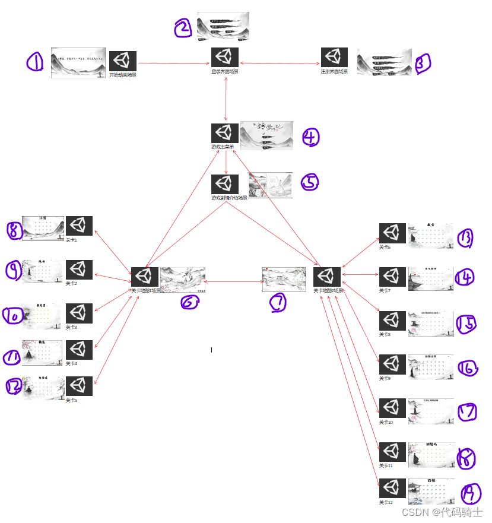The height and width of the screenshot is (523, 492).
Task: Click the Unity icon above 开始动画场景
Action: pyautogui.click(x=123, y=61)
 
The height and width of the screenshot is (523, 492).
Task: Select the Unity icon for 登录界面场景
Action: pyautogui.click(x=225, y=57)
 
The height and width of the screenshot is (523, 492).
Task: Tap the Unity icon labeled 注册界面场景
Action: pyautogui.click(x=334, y=57)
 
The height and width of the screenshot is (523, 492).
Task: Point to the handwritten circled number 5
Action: pyautogui.click(x=310, y=182)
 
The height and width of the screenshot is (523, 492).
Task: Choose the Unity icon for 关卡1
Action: pyautogui.click(x=79, y=226)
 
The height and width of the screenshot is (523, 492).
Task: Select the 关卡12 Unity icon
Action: pyautogui.click(x=392, y=489)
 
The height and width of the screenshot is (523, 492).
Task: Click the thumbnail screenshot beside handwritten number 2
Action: pyautogui.click(x=223, y=26)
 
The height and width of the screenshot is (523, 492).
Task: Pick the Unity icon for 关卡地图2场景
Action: pyautogui.click(x=327, y=277)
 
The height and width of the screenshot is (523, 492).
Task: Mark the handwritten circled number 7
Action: pyautogui.click(x=278, y=303)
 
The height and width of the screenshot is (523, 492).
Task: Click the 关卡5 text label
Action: pyautogui.click(x=71, y=401)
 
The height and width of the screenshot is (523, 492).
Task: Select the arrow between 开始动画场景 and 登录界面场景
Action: pyautogui.click(x=174, y=62)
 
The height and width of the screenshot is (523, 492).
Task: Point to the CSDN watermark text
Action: pyautogui.click(x=443, y=512)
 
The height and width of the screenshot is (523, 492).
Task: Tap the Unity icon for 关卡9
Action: pyautogui.click(x=392, y=364)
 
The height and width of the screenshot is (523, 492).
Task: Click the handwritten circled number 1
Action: pyautogui.click(x=35, y=62)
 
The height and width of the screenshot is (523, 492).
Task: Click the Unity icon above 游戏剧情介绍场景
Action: pyautogui.click(x=225, y=183)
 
